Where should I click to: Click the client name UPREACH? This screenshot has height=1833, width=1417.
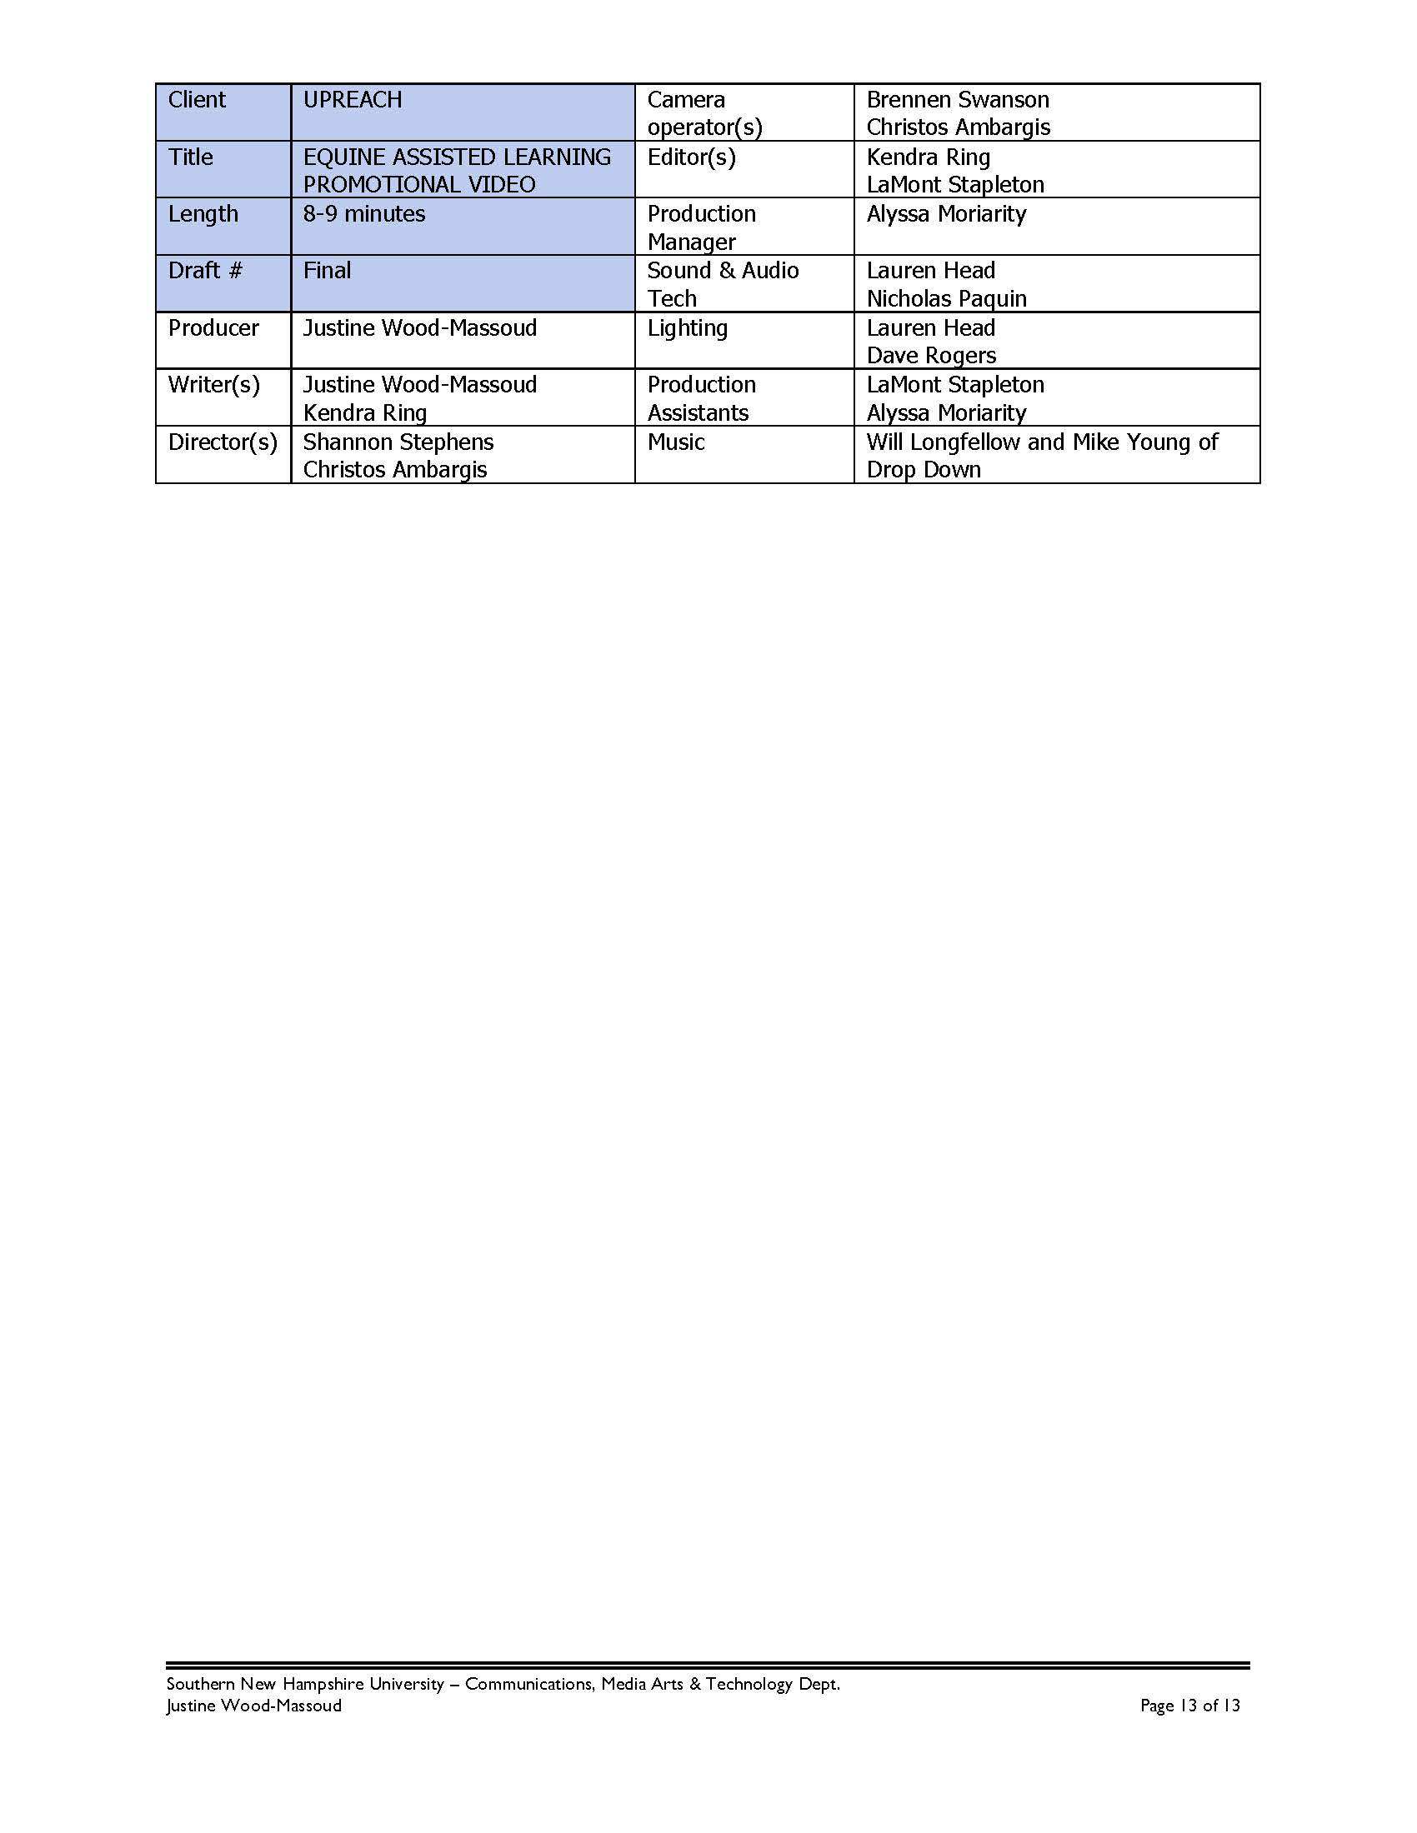tap(353, 100)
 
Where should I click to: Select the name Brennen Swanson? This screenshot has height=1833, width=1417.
tap(957, 100)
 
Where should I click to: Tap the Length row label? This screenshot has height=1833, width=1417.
tap(203, 214)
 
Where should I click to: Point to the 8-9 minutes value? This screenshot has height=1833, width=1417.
tap(363, 214)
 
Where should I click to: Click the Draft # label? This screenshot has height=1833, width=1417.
tap(205, 270)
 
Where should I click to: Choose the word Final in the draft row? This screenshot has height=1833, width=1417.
tap(327, 270)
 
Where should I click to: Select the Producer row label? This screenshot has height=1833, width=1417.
tap(213, 327)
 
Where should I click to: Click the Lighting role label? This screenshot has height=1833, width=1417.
tap(687, 327)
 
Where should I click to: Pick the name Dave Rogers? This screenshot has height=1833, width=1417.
tap(931, 356)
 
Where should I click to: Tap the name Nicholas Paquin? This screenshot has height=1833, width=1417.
tap(946, 299)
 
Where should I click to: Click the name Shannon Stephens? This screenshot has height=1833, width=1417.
tap(398, 442)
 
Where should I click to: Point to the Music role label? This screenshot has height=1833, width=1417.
tap(675, 442)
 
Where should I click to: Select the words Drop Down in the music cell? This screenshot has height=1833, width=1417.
tap(924, 470)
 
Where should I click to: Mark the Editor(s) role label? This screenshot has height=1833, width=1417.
tap(691, 157)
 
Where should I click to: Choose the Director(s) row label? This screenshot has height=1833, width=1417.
tap(223, 442)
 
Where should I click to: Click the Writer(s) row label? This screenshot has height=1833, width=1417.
tap(214, 384)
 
